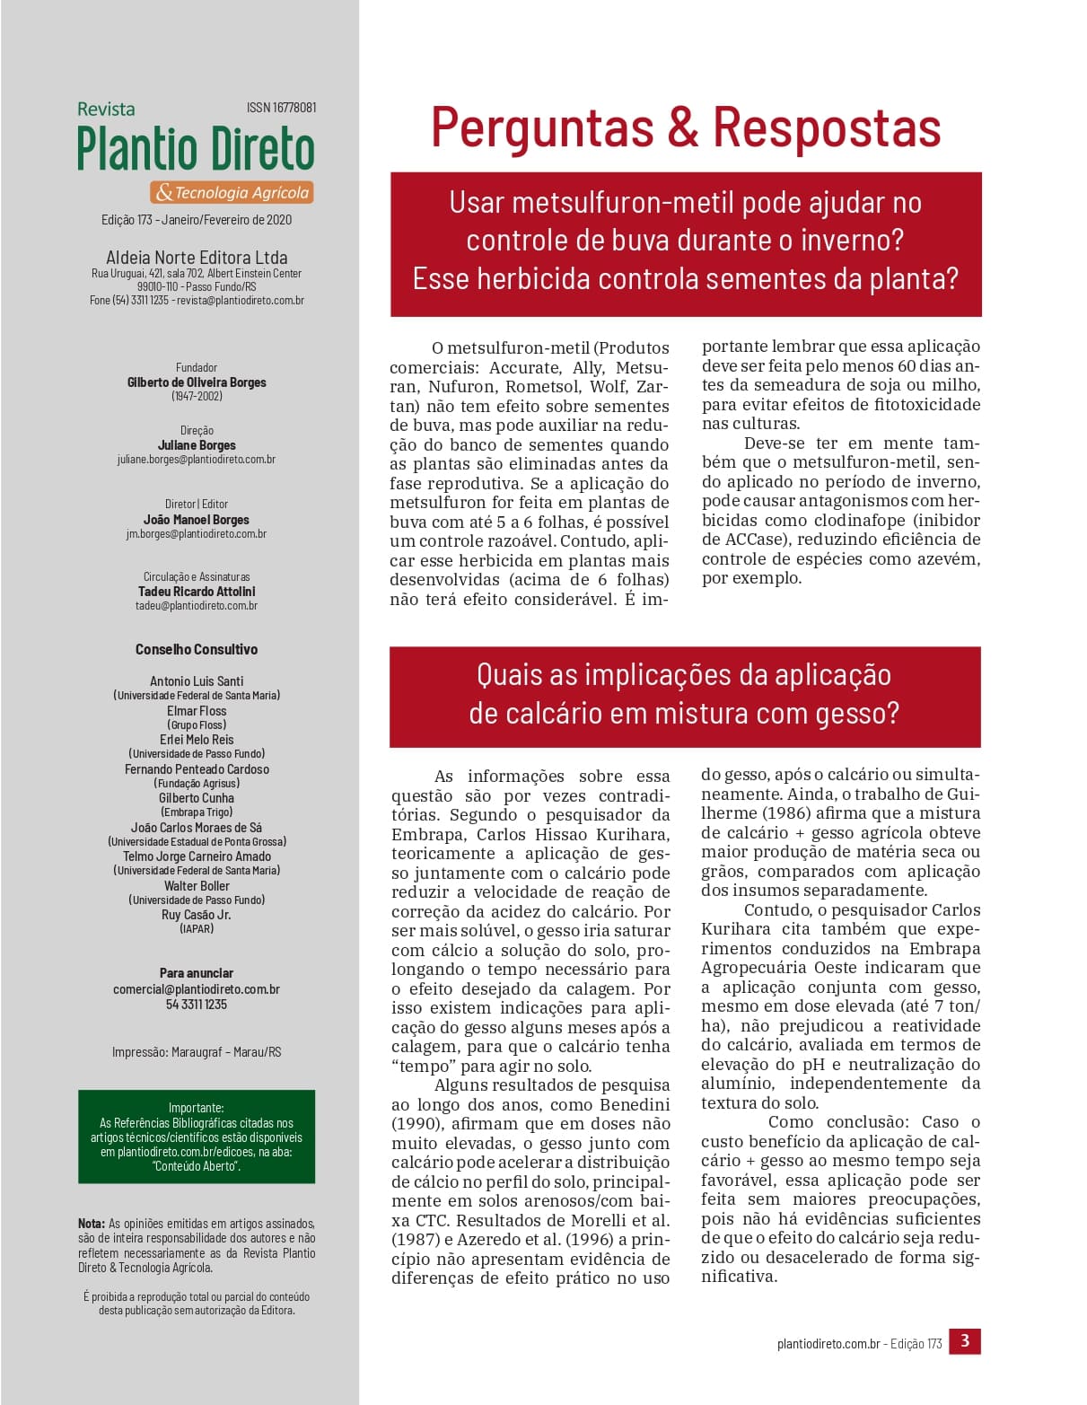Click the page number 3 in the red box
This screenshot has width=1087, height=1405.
[965, 1341]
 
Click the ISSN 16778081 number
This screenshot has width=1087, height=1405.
[281, 108]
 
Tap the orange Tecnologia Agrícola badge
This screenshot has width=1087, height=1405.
[232, 192]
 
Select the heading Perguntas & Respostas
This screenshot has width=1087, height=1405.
[686, 127]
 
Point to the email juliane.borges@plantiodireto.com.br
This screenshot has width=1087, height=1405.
[196, 460]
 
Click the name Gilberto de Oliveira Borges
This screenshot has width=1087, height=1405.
[197, 382]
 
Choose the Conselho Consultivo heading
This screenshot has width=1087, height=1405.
[197, 649]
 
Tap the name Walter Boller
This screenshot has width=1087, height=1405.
[197, 886]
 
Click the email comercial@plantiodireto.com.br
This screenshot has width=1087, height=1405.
[197, 989]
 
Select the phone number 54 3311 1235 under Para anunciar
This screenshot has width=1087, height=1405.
[197, 1005]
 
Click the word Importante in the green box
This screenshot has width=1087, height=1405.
[196, 1108]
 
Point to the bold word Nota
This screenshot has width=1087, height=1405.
[91, 1224]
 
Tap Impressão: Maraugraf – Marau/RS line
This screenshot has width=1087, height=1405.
[197, 1052]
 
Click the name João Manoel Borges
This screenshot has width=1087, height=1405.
[197, 520]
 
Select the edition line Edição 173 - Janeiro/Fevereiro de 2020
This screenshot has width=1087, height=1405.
[197, 220]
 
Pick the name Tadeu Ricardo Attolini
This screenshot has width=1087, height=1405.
[197, 592]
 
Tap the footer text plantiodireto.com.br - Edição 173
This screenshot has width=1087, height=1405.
[859, 1344]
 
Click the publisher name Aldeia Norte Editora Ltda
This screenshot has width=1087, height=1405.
[197, 258]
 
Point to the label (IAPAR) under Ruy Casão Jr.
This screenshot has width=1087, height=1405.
[197, 929]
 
